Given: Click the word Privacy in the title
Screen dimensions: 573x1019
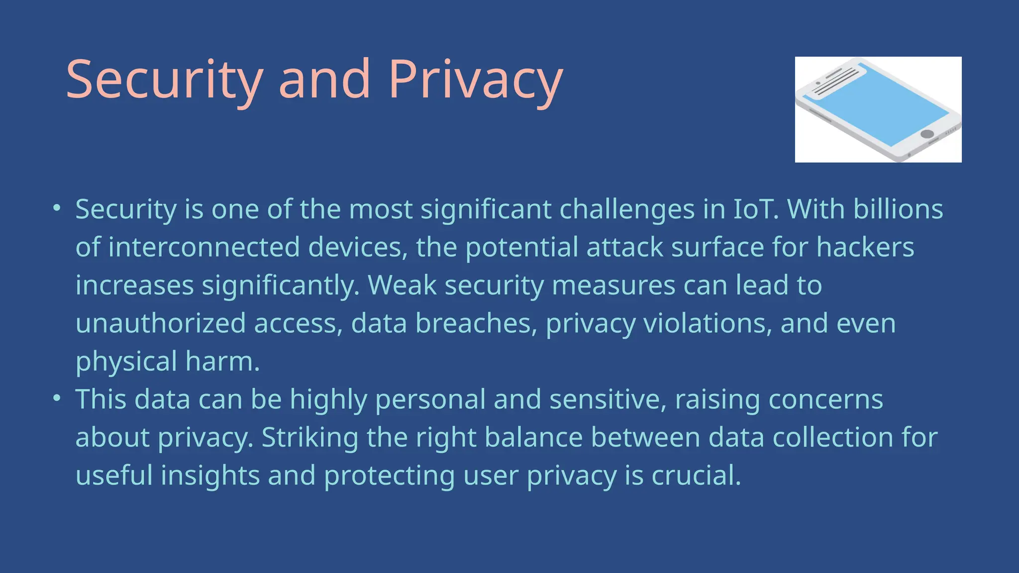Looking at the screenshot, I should (x=475, y=80).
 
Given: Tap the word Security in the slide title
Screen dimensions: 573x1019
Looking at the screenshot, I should (x=164, y=80).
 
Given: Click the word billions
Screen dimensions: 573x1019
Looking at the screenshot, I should (x=898, y=209).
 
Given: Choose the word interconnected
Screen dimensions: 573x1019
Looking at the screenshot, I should (x=204, y=247).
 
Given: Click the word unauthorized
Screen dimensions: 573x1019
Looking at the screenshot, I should (x=161, y=323).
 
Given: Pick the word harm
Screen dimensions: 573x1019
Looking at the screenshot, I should (x=222, y=361).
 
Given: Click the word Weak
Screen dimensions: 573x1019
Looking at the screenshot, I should (x=402, y=285).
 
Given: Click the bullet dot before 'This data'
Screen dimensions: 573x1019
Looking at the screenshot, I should (x=57, y=398).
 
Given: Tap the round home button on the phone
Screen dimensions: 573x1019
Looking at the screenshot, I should (x=927, y=134).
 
